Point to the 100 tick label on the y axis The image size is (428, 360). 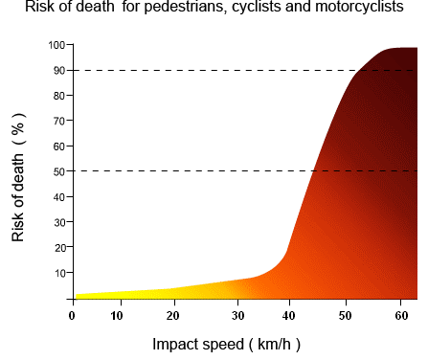56,45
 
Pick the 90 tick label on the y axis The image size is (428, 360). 57,70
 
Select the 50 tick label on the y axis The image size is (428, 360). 57,171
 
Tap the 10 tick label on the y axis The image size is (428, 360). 57,273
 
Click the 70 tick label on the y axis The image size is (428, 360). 57,121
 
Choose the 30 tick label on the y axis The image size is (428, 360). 57,222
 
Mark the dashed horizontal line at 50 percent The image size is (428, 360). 191,171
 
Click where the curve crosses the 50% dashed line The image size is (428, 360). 313,171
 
